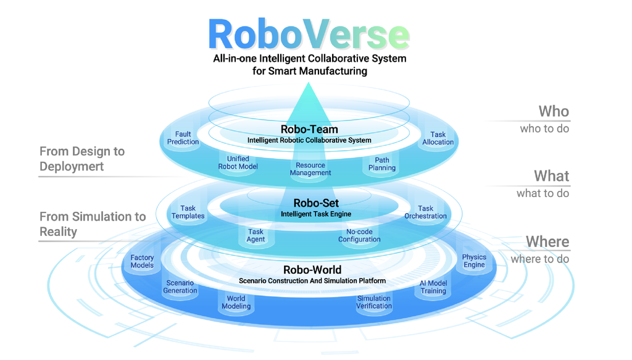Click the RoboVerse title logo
[x=309, y=35]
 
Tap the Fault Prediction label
[x=183, y=138]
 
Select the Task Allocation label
[x=438, y=138]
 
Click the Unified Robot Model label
[x=238, y=162]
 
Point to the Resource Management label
[x=310, y=169]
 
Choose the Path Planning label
[x=382, y=164]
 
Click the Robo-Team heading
[x=309, y=130]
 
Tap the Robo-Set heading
[x=316, y=203]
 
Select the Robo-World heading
[x=312, y=270]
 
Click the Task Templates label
[x=188, y=212]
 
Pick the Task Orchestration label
[x=425, y=212]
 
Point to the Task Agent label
[x=256, y=236]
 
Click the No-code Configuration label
[x=359, y=236]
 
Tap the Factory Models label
[x=142, y=262]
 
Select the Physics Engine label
[x=474, y=261]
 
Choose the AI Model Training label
[x=433, y=287]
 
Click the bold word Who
[x=554, y=111]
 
